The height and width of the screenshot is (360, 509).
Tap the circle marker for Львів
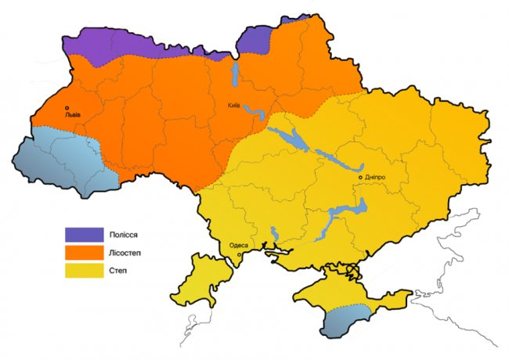pos(67,108)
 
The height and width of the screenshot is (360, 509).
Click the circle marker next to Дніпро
pos(360,178)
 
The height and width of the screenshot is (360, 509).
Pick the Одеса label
pos(238,245)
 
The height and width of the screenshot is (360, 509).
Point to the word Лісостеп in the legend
pos(130,252)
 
